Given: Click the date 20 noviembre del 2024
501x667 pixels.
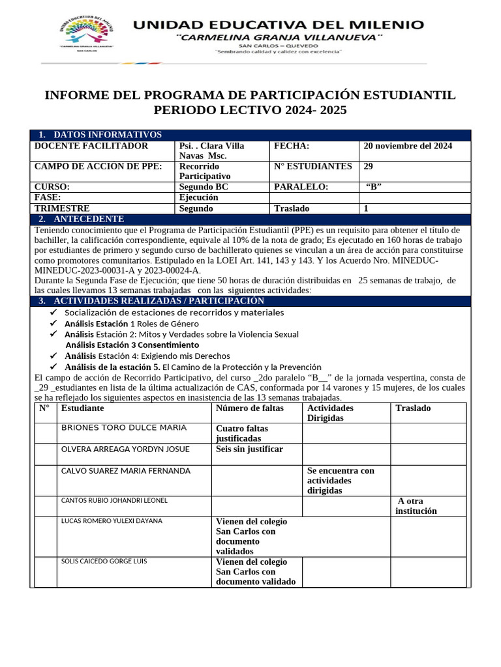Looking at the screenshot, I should pyautogui.click(x=408, y=146).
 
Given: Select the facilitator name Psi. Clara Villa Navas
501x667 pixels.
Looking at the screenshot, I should pyautogui.click(x=211, y=151).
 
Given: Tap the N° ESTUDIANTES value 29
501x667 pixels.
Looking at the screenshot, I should pyautogui.click(x=369, y=166).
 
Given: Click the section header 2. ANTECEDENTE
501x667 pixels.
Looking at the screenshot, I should pyautogui.click(x=88, y=219).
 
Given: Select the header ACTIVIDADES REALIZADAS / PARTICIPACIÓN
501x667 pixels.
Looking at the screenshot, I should pyautogui.click(x=159, y=301).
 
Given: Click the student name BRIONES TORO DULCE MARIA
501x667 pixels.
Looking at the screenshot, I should pyautogui.click(x=123, y=428).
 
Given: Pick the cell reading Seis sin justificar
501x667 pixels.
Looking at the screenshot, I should pyautogui.click(x=250, y=449).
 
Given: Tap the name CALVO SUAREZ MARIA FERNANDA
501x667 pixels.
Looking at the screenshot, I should pyautogui.click(x=125, y=470).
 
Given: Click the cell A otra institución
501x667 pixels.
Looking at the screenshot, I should pyautogui.click(x=418, y=506).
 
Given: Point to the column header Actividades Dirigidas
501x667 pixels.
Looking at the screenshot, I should pyautogui.click(x=330, y=413).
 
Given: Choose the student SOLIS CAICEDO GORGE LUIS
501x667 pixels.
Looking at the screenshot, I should pyautogui.click(x=104, y=561).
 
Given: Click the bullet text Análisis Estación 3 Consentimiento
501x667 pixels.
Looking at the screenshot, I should pyautogui.click(x=132, y=345).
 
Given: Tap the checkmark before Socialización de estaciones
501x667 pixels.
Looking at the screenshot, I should pyautogui.click(x=53, y=313).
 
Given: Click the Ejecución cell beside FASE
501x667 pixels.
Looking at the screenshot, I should pyautogui.click(x=199, y=197).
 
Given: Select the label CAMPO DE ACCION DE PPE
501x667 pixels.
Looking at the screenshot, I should pyautogui.click(x=98, y=166).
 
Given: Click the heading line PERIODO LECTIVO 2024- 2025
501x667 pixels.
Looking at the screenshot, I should pyautogui.click(x=250, y=111).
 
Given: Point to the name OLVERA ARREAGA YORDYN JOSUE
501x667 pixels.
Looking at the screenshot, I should pyautogui.click(x=125, y=449).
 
